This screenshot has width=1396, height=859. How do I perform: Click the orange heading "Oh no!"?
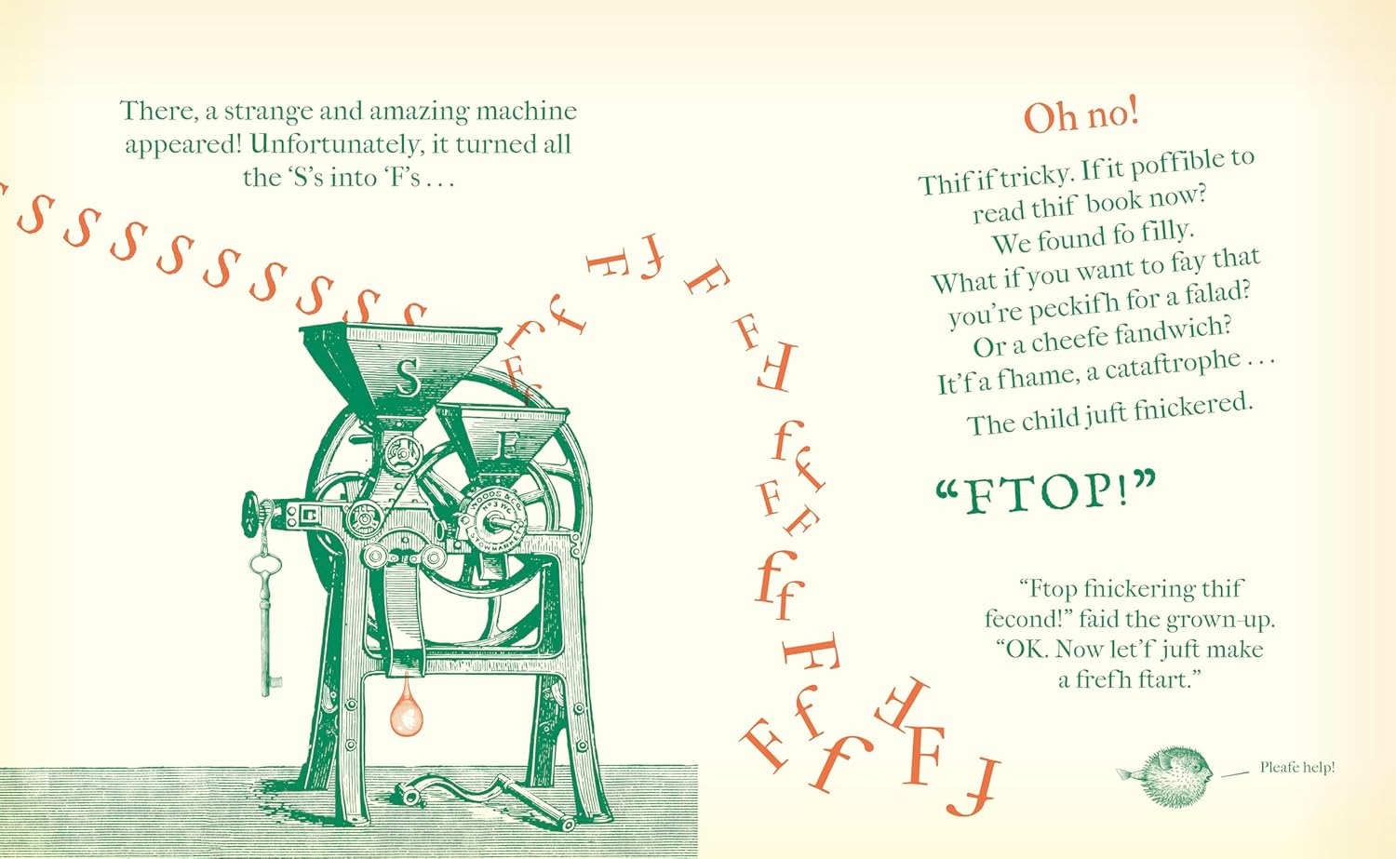coord(1081,116)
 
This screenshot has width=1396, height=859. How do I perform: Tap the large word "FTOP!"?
coord(1046,492)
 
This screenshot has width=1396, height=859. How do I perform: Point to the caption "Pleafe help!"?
coord(1297,767)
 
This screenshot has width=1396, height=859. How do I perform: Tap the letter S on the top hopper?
coord(408,377)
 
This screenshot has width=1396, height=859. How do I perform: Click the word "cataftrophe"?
coord(1163,366)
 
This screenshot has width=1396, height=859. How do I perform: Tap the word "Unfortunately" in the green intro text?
coord(335,144)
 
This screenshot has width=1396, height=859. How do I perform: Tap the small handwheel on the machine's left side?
coord(250,515)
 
